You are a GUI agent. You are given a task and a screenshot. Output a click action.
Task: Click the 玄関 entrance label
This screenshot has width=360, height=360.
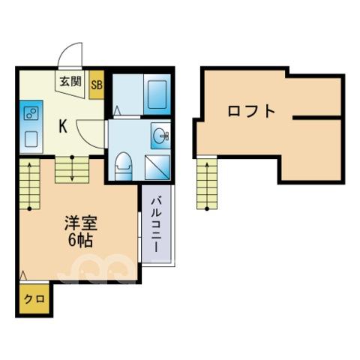[70, 82]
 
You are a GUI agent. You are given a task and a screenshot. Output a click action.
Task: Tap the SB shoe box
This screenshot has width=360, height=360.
[97, 85]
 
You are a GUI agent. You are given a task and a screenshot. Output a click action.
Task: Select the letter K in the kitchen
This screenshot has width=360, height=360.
[63, 126]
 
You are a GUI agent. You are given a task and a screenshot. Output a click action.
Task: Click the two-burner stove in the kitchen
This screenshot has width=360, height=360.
[31, 114]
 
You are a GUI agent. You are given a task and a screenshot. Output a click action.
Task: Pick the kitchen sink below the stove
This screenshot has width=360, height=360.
[31, 139]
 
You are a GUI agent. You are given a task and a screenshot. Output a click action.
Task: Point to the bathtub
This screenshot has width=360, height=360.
[157, 94]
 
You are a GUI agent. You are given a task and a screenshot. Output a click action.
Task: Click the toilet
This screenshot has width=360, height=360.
[123, 166]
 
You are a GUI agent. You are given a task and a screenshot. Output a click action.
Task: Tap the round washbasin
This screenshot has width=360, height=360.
[160, 136]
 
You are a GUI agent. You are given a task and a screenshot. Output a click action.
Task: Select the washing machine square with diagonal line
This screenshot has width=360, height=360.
[157, 167]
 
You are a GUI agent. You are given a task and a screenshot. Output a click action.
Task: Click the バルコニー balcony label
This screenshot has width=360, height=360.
[156, 225]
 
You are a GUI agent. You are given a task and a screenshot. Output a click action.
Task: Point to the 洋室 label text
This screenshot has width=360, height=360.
[81, 223]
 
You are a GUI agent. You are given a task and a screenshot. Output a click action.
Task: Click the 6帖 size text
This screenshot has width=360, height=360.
[80, 241]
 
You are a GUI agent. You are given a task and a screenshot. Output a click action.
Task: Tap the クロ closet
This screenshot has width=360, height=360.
[34, 298]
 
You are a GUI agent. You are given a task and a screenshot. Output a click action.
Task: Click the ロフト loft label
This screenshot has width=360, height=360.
[251, 112]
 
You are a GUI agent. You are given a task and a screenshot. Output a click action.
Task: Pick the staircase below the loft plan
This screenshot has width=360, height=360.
[207, 184]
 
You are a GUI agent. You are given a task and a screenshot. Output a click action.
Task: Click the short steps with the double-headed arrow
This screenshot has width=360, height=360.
[72, 170]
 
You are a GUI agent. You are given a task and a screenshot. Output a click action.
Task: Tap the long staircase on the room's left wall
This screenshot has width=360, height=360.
[29, 184]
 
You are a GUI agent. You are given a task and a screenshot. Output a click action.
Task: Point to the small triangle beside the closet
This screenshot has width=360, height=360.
[23, 275]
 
